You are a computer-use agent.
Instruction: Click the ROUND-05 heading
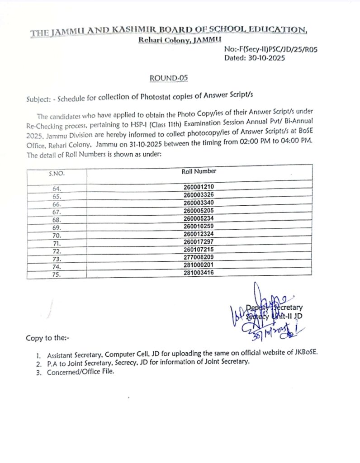(168, 78)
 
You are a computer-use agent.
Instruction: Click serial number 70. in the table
(57, 235)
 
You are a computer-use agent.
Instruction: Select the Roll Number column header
(199, 171)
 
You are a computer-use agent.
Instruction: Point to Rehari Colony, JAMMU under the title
(167, 41)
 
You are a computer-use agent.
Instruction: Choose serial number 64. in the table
(57, 189)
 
